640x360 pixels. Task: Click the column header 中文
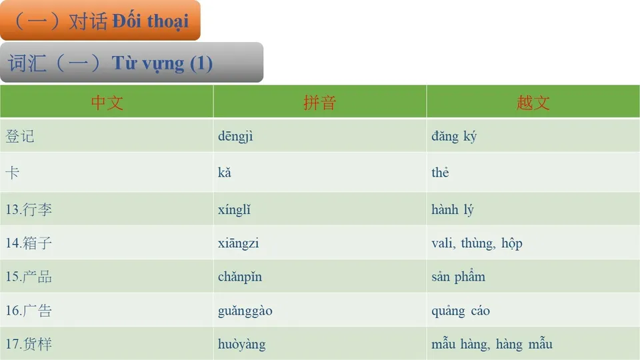tap(107, 103)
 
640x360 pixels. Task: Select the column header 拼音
tap(319, 103)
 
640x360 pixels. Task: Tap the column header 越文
tap(533, 103)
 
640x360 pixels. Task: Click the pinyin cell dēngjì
tap(235, 137)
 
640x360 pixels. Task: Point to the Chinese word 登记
tap(20, 137)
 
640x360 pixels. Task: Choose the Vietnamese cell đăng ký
tap(453, 137)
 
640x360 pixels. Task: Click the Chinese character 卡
tap(13, 173)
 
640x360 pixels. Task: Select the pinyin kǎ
tap(225, 173)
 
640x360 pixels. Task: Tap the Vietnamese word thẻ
tap(440, 173)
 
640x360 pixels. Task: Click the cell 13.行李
tap(29, 210)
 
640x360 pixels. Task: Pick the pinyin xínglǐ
tap(234, 210)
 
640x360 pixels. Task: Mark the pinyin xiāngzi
tap(238, 243)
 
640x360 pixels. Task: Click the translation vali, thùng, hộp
tap(477, 243)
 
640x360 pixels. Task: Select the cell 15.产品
tap(29, 277)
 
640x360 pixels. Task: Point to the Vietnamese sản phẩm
tap(458, 277)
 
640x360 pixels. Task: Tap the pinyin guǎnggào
tap(245, 311)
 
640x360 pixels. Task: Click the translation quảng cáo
tap(461, 311)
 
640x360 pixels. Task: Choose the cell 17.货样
tap(29, 345)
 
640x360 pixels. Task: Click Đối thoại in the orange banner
tap(150, 21)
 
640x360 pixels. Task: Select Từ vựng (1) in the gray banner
tap(162, 63)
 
